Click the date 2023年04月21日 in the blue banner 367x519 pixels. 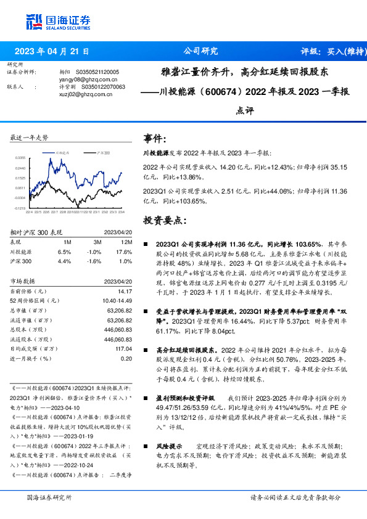(x=52, y=52)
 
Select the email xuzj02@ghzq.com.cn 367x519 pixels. (x=85, y=94)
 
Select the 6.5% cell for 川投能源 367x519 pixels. (x=64, y=251)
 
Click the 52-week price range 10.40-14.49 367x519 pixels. (x=115, y=300)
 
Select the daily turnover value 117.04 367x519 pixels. (x=123, y=348)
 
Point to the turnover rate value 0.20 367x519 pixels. (x=126, y=358)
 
